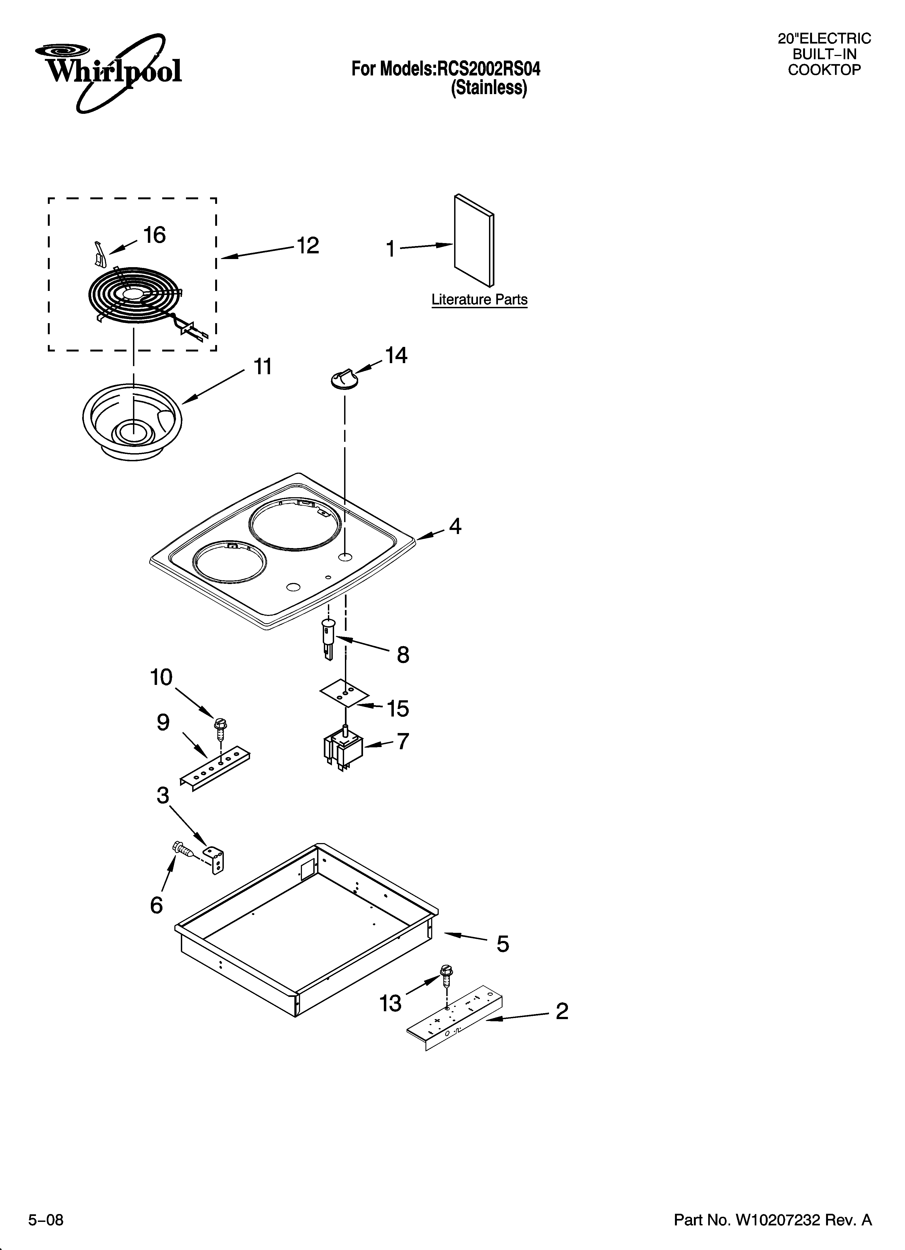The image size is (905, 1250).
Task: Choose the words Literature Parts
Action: click(x=479, y=300)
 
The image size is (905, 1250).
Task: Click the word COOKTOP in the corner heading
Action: click(x=824, y=70)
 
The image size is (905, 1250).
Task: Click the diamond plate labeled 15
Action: click(x=344, y=693)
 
